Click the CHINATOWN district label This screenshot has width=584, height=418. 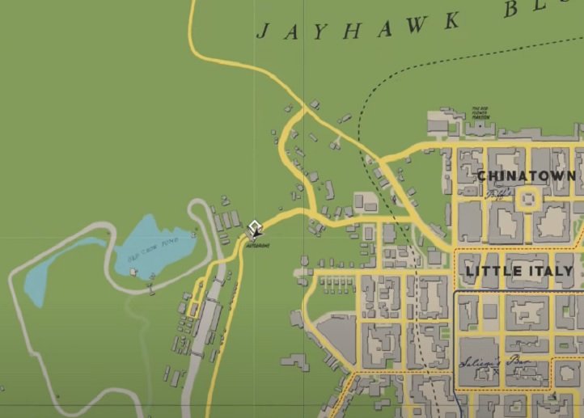(526, 175)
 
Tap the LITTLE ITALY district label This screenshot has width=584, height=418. (518, 271)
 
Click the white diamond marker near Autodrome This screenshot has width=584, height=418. (255, 227)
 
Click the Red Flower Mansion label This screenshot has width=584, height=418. (480, 112)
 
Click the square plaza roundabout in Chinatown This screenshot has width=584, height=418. (530, 199)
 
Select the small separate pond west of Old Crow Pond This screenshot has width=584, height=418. (36, 282)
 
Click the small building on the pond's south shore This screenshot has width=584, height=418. (133, 272)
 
